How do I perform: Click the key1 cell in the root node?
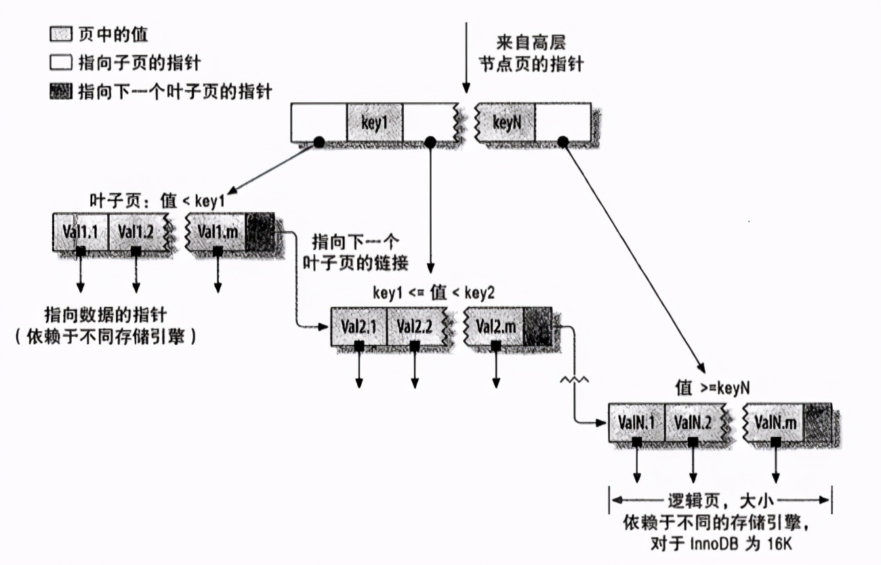375,123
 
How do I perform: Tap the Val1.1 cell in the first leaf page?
80,232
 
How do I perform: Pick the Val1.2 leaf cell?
136,232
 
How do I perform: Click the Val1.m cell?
217,232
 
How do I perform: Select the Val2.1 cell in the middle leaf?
358,327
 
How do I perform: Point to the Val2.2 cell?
415,327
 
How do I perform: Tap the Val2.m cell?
495,327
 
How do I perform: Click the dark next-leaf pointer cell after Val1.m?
260,232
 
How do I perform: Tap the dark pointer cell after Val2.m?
538,327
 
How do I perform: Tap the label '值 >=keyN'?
712,387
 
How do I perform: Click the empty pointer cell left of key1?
319,123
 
